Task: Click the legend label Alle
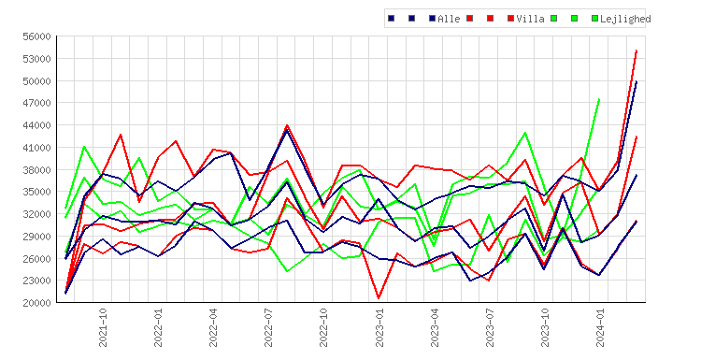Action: [x=449, y=19]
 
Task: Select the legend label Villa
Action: [x=530, y=19]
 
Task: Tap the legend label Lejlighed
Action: [x=625, y=19]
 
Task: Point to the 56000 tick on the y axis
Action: [x=36, y=36]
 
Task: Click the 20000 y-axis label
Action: [x=36, y=303]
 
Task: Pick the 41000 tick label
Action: [x=36, y=148]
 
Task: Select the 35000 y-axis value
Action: [x=36, y=192]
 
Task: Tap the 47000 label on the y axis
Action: [x=36, y=103]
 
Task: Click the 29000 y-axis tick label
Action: [x=36, y=237]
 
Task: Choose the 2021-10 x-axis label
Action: [x=103, y=327]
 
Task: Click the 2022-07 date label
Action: [x=268, y=327]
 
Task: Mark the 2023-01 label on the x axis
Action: [x=379, y=327]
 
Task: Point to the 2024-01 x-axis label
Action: [x=600, y=327]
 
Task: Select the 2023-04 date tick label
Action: [x=435, y=327]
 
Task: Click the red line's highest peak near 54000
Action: [x=637, y=50]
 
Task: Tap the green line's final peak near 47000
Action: [x=598, y=99]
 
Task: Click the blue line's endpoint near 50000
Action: [x=637, y=81]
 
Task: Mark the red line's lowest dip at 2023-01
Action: [x=379, y=298]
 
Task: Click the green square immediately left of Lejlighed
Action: [x=595, y=19]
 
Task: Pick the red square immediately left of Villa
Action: [x=511, y=19]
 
